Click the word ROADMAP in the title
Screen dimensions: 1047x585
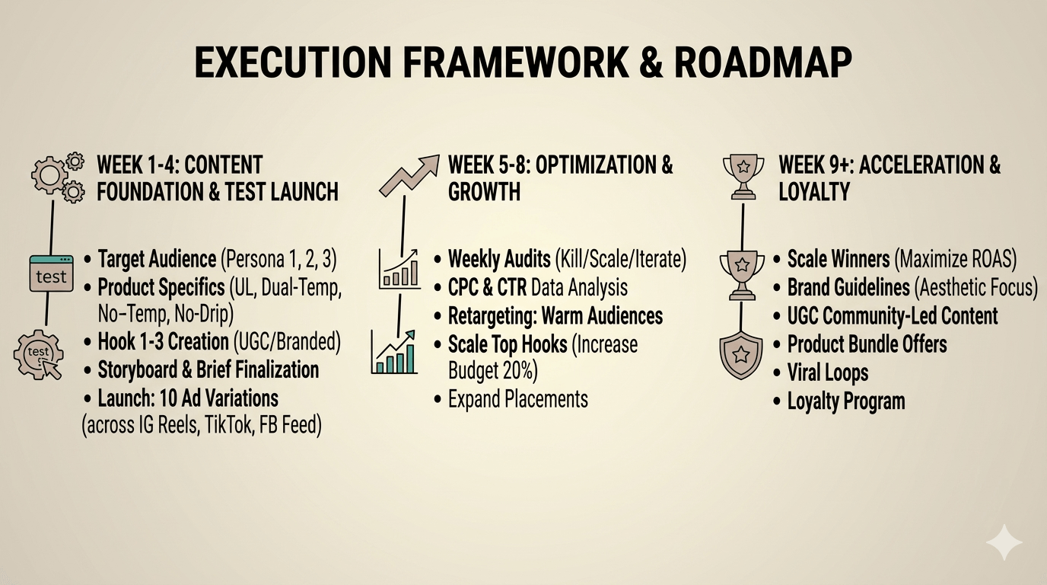[762, 62]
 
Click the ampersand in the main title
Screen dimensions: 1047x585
[650, 62]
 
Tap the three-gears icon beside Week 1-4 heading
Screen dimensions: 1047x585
[58, 177]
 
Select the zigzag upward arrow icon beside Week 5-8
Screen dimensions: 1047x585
[409, 174]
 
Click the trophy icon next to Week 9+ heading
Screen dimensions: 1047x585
[743, 177]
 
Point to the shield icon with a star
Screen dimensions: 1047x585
[741, 355]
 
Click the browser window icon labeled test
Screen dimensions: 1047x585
[52, 273]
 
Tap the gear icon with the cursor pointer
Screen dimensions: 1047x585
[38, 354]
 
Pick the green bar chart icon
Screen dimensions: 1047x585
[394, 352]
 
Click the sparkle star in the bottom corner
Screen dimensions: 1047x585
[1004, 542]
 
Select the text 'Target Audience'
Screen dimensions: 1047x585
[157, 259]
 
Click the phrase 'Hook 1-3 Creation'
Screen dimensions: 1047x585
[163, 342]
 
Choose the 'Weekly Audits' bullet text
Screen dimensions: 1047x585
[499, 259]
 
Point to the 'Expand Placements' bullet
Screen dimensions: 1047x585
[518, 399]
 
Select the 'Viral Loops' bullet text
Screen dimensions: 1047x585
[828, 373]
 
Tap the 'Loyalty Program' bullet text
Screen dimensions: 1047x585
[846, 401]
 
